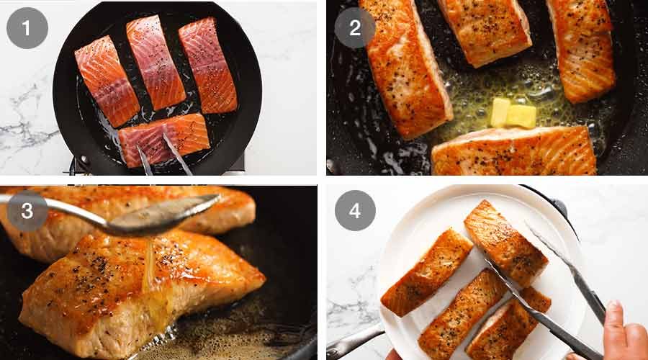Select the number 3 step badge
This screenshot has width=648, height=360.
point(27,210)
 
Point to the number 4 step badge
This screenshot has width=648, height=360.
point(355,210)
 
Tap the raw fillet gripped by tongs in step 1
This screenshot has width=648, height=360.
point(164,139)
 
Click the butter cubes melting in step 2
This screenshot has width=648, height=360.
point(513,113)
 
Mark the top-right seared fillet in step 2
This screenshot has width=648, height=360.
point(582,47)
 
